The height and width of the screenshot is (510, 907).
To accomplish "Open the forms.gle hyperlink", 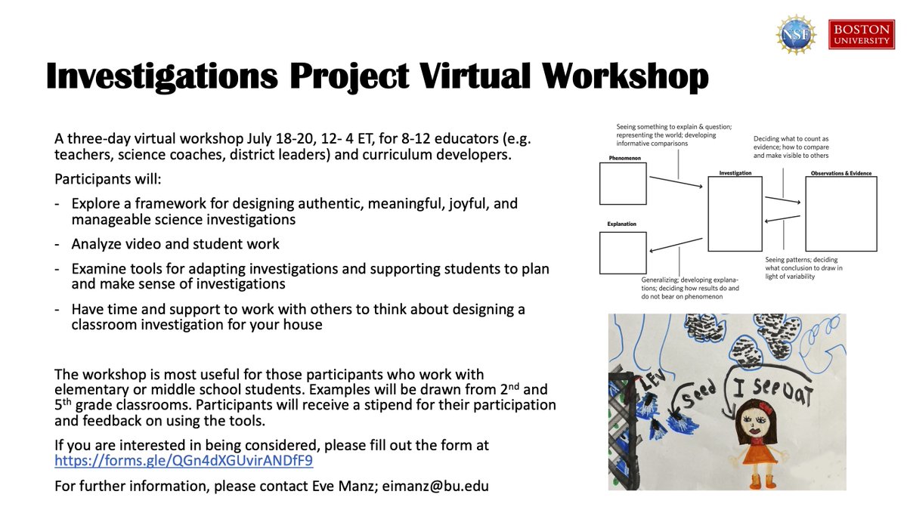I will tap(184, 459).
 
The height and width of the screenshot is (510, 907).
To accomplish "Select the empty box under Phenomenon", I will tap(623, 184).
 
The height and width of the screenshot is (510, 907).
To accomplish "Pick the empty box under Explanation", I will tap(623, 252).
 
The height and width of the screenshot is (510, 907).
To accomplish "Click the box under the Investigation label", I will tap(735, 214).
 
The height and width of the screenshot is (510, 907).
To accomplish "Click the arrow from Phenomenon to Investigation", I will tap(676, 184).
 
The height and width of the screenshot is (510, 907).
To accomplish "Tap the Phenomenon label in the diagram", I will tap(624, 158).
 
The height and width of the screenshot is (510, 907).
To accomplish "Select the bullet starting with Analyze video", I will tap(175, 244).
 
